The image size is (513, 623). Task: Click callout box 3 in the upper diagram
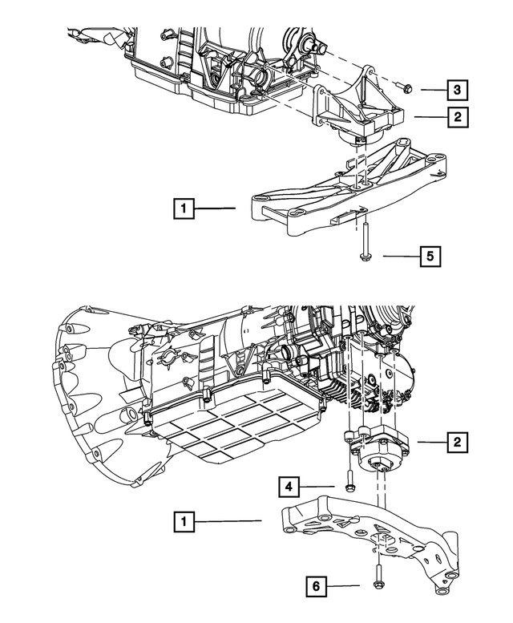click(x=457, y=90)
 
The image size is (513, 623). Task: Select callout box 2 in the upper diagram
click(x=458, y=117)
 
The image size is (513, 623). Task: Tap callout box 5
click(x=430, y=257)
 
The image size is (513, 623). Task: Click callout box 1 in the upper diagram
click(x=184, y=208)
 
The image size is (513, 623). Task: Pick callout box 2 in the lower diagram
click(x=458, y=442)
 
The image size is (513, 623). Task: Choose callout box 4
click(x=289, y=487)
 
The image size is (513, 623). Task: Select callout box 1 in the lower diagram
click(x=184, y=521)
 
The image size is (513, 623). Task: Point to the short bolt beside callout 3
click(x=404, y=89)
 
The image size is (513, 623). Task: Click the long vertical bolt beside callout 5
click(x=364, y=241)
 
